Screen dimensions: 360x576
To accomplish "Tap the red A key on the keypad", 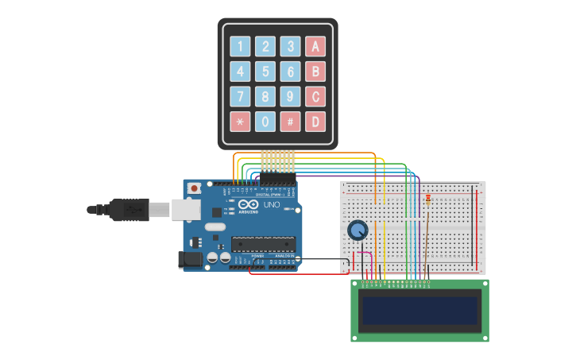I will click(315, 46).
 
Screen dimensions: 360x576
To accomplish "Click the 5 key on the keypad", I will click(265, 72).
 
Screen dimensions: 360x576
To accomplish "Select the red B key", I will click(315, 72).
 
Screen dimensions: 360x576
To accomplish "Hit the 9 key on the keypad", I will click(291, 97).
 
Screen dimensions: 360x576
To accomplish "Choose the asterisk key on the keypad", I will click(240, 122).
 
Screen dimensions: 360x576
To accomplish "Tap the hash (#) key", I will click(291, 122).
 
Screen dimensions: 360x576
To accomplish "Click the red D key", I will click(315, 122).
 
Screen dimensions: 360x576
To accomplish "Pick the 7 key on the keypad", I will click(240, 97).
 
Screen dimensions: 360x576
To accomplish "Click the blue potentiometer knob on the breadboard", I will click(358, 230).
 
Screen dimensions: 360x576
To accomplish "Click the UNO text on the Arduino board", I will click(272, 204).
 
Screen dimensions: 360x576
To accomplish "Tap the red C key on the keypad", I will click(315, 97).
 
